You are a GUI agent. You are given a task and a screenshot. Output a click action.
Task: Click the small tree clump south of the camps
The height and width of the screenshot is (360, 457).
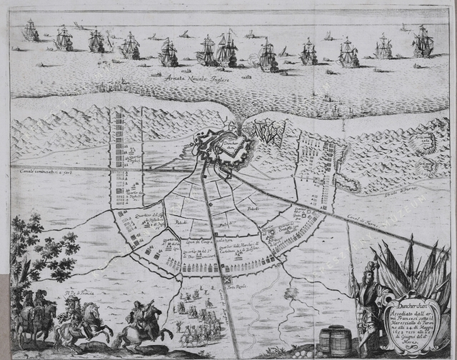click(x=290, y=294)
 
